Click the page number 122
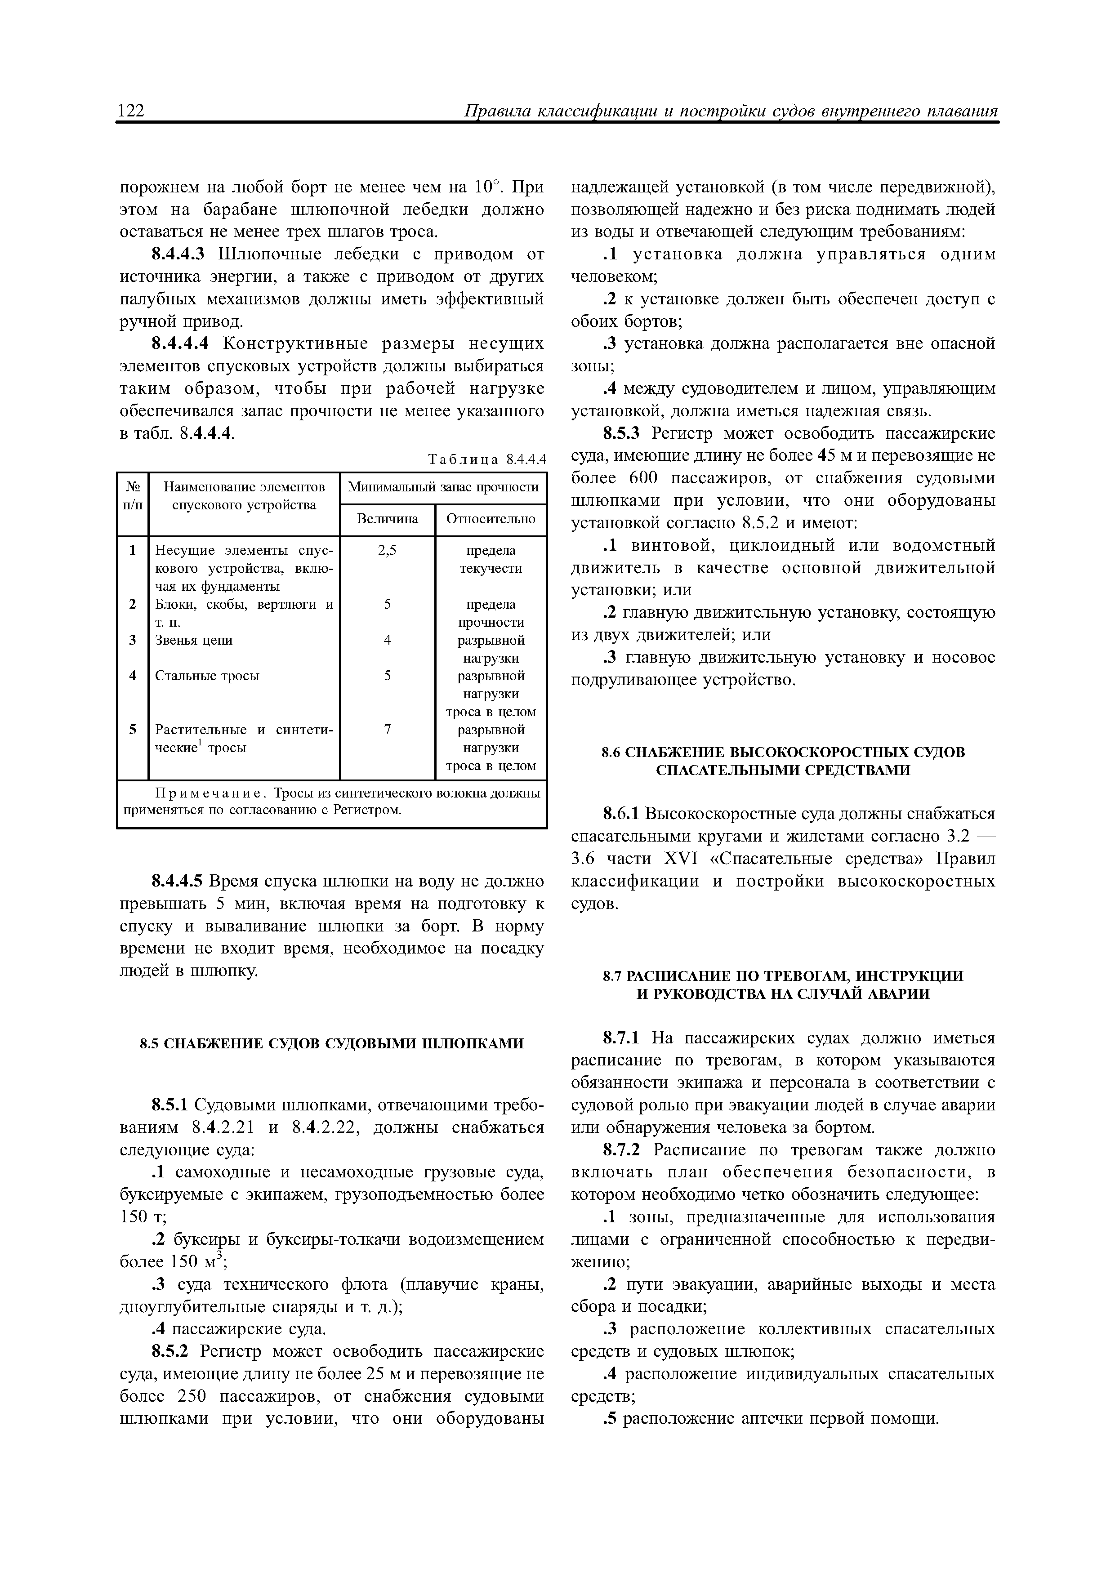click(131, 111)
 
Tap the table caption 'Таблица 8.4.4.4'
click(487, 459)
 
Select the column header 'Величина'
click(388, 519)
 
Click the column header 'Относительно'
click(491, 519)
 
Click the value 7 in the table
click(388, 730)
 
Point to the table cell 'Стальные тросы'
click(207, 676)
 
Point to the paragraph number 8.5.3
click(621, 434)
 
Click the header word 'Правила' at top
click(495, 111)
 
